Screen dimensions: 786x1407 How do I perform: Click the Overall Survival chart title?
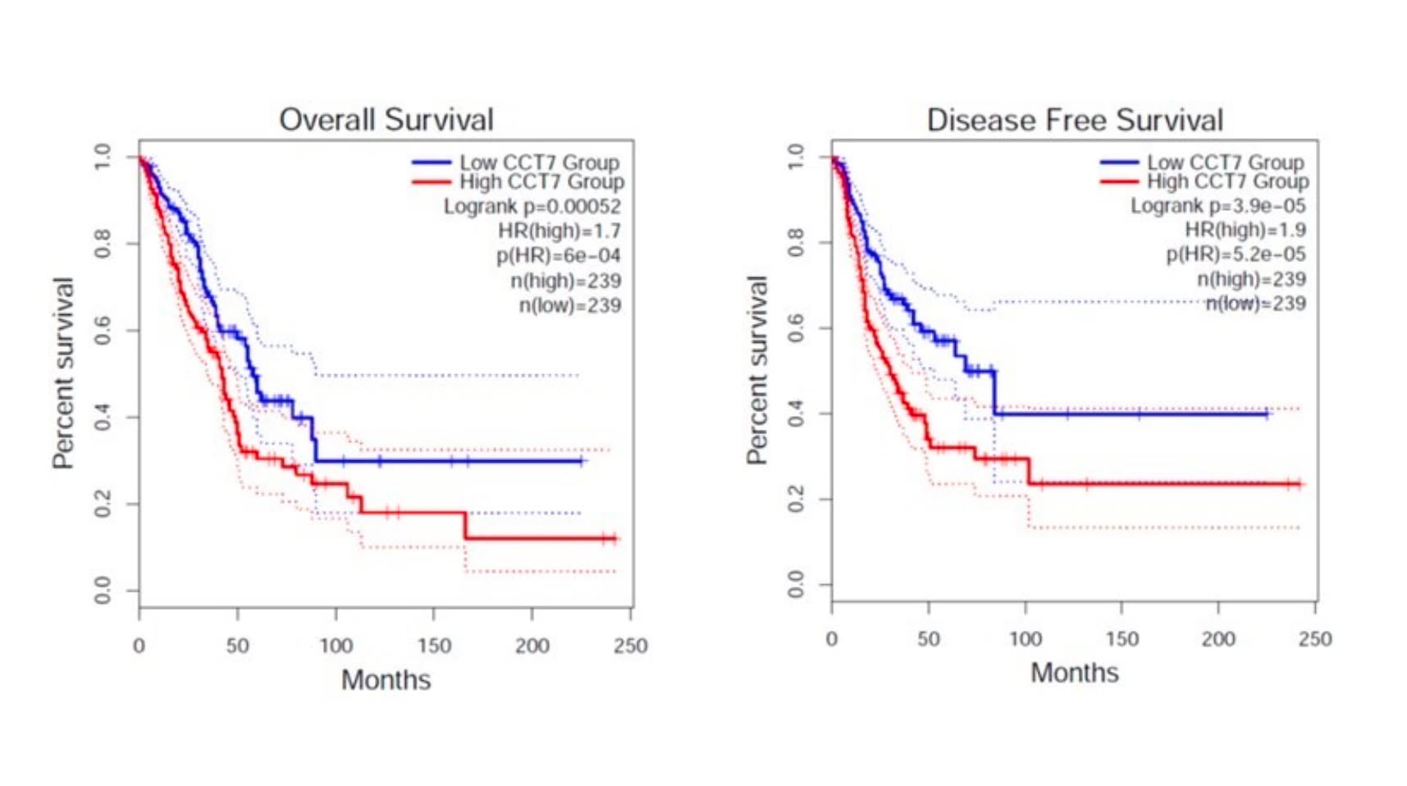click(x=386, y=120)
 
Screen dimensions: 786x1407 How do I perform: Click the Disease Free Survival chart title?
click(x=1074, y=121)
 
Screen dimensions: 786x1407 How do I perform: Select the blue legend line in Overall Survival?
click(x=432, y=163)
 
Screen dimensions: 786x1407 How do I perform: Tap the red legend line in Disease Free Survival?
click(x=1119, y=181)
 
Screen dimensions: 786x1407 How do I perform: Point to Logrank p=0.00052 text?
click(x=532, y=207)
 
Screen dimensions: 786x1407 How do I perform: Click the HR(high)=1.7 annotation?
click(x=559, y=231)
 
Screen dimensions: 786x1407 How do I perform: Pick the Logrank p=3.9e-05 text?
click(x=1217, y=206)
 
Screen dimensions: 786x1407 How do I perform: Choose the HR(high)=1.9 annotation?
click(x=1245, y=230)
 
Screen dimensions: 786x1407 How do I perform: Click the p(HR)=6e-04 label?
click(x=558, y=256)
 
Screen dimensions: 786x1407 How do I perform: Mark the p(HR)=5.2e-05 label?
click(x=1236, y=254)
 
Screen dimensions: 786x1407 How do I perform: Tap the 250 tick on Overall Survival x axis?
click(x=630, y=646)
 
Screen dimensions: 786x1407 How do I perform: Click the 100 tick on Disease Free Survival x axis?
click(x=1025, y=639)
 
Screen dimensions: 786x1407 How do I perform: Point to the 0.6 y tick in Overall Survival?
click(x=103, y=331)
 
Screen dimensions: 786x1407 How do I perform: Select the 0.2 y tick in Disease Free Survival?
click(x=796, y=500)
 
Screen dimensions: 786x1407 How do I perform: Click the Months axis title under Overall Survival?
click(x=386, y=680)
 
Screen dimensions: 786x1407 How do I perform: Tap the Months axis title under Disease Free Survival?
click(x=1074, y=673)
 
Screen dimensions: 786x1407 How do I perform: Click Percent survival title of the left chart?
click(x=63, y=373)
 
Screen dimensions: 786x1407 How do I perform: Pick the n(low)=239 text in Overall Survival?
click(x=569, y=306)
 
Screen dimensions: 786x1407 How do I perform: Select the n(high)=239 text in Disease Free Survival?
click(x=1251, y=280)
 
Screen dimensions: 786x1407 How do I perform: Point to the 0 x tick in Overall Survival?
click(x=139, y=646)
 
